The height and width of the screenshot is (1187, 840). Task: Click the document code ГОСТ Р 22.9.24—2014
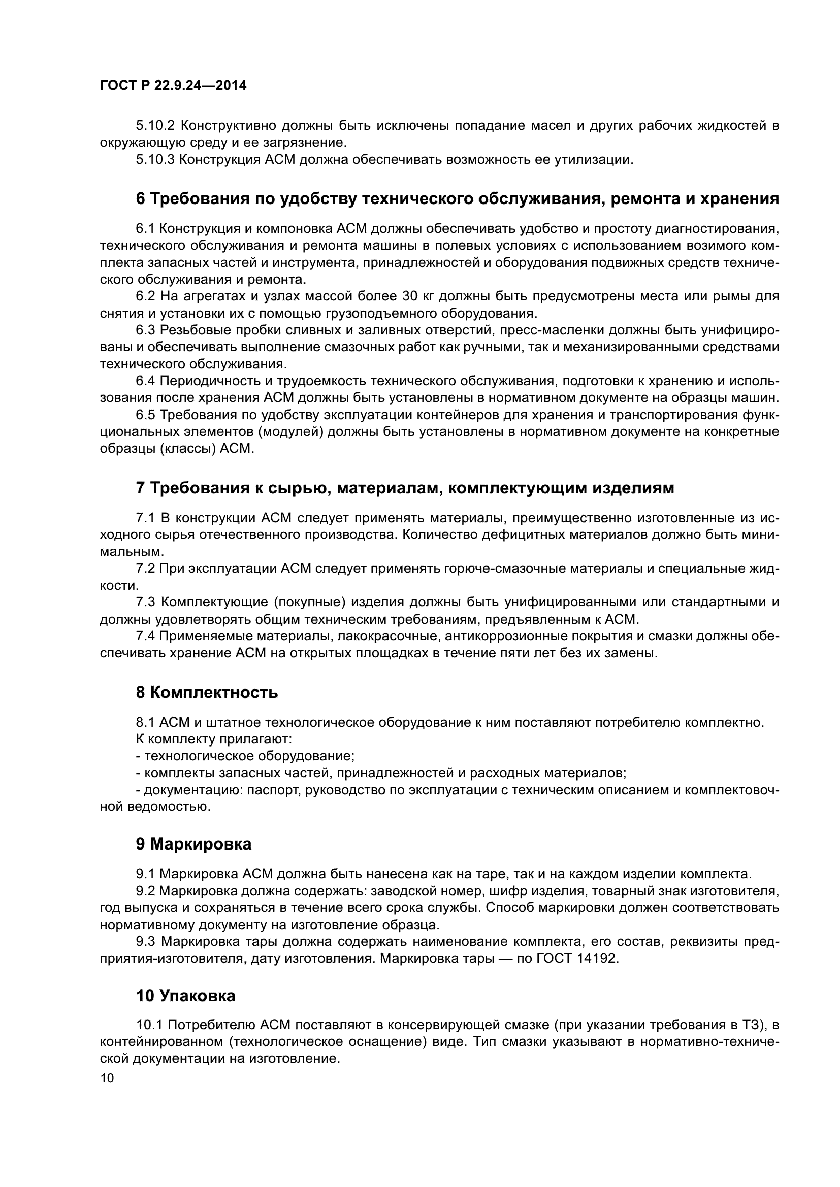click(x=173, y=86)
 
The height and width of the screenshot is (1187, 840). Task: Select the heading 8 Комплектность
click(x=207, y=692)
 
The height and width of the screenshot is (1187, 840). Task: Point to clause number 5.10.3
click(x=156, y=160)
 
